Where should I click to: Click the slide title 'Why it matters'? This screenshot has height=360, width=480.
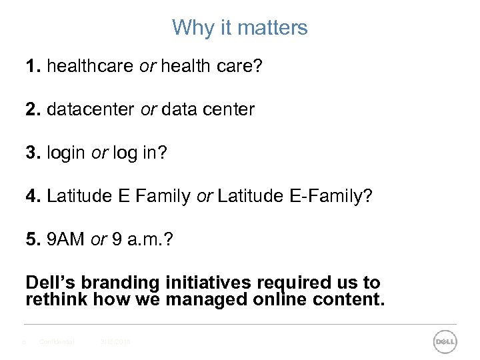click(x=240, y=28)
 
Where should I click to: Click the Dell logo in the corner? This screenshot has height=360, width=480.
click(x=445, y=342)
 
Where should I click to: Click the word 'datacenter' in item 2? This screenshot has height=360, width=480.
click(x=91, y=109)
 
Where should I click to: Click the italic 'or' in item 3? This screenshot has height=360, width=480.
click(x=99, y=153)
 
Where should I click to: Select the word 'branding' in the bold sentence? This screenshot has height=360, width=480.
click(x=117, y=283)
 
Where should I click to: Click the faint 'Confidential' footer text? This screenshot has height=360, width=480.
click(x=57, y=342)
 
